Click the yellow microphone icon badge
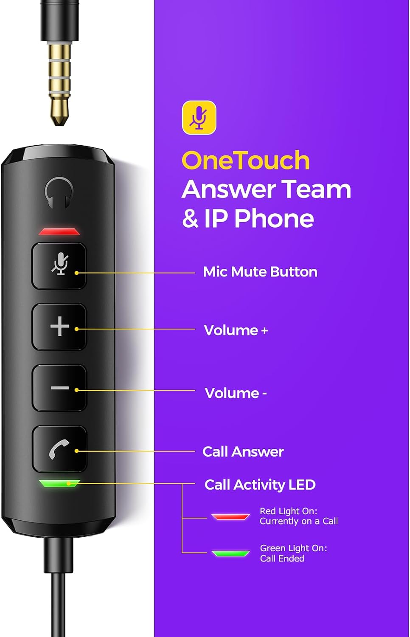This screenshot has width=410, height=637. [x=199, y=118]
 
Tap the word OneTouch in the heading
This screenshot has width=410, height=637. [x=245, y=161]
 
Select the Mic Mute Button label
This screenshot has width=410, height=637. [x=260, y=272]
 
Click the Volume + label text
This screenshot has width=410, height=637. [x=236, y=330]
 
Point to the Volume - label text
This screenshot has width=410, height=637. [x=236, y=393]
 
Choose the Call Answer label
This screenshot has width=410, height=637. [x=243, y=452]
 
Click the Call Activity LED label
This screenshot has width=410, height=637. [x=260, y=485]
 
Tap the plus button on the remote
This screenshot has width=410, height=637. [x=59, y=327]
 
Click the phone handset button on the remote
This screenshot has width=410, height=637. [x=59, y=449]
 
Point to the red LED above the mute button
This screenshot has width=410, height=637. [x=59, y=231]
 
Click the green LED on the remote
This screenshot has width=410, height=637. [x=59, y=483]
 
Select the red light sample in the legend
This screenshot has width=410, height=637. [x=230, y=516]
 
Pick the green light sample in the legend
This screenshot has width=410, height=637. [x=230, y=553]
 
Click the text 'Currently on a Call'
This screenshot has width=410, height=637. [x=299, y=521]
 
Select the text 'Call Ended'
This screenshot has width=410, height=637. [x=282, y=558]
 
